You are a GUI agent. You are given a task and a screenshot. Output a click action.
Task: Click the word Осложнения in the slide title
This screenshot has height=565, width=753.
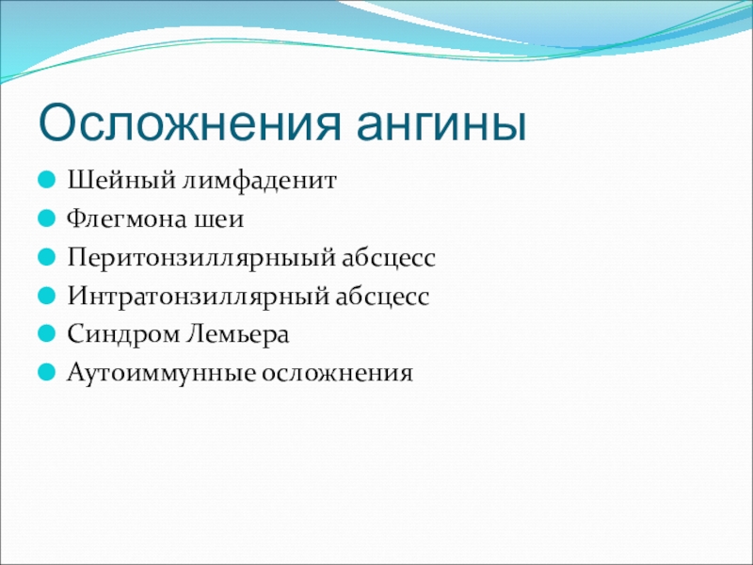pos(190,123)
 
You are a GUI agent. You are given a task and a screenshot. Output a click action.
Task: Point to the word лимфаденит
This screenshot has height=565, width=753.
pos(260,182)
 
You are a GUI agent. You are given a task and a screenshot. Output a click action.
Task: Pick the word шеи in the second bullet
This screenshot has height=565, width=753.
pos(219,220)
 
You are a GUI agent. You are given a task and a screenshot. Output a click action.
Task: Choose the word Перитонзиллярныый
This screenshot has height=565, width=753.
pos(200,258)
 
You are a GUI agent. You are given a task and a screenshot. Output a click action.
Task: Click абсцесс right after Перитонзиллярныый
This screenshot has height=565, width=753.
pos(389,257)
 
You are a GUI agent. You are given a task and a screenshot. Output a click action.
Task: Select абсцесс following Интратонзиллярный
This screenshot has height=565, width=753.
pos(382,296)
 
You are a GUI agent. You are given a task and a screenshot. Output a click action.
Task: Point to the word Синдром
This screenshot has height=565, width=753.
pos(122,335)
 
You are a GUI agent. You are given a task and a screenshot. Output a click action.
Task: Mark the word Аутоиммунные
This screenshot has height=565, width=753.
pos(160,373)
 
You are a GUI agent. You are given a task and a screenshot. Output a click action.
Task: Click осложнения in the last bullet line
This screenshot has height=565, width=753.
pos(337,374)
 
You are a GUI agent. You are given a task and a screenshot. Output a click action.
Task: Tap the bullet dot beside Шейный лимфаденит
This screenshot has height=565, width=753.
pos(46,180)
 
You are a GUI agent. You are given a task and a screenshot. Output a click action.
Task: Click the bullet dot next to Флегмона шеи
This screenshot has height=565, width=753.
pos(46,218)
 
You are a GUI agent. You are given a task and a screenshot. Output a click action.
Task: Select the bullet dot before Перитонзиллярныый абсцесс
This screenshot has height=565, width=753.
pos(46,257)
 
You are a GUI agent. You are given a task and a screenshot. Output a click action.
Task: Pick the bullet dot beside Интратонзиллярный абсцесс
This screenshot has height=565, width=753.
pos(46,296)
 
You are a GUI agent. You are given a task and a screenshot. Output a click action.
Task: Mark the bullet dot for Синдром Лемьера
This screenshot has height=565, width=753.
pos(46,334)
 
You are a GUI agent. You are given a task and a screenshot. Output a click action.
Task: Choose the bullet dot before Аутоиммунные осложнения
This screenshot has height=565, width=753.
pos(46,372)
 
